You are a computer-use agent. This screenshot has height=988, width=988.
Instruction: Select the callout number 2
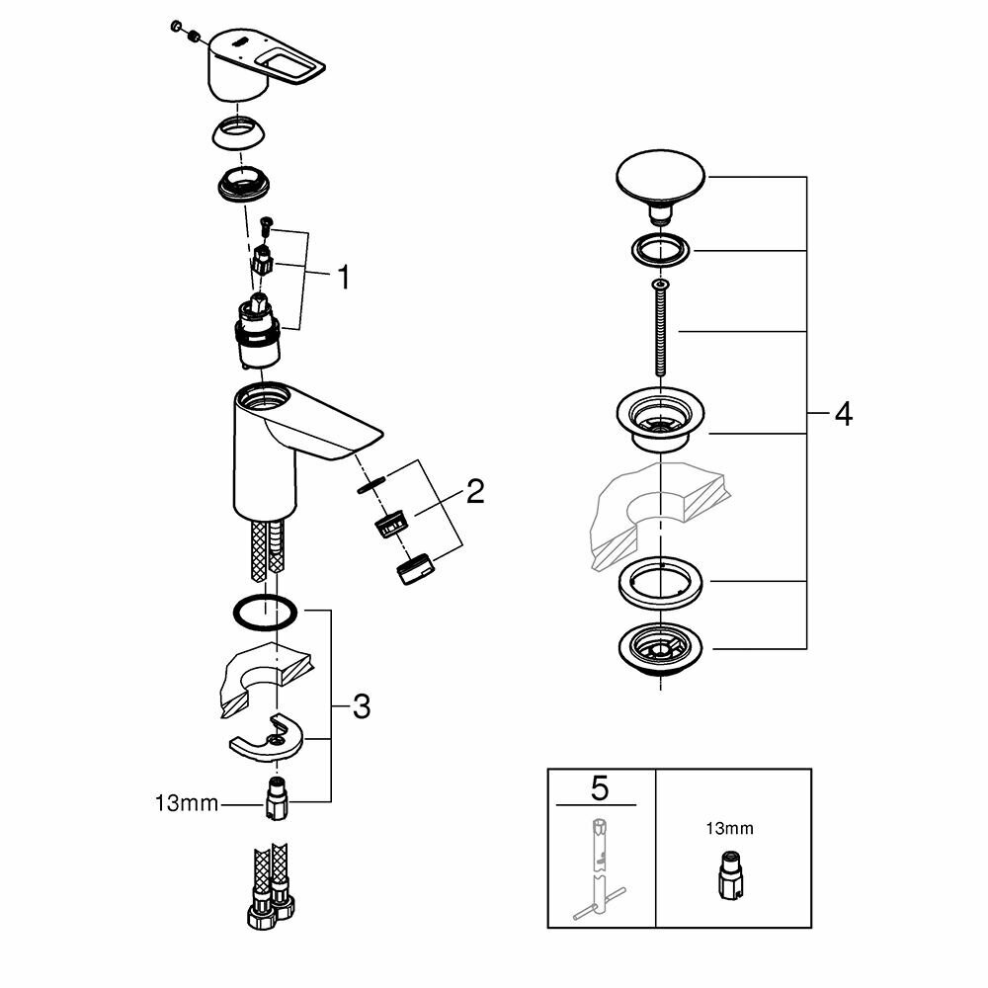(x=475, y=491)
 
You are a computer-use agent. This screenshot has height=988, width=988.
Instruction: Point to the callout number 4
(x=842, y=414)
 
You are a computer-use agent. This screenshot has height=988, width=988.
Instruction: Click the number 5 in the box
(x=600, y=788)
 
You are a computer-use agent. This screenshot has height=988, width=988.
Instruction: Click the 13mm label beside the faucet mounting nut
(x=186, y=805)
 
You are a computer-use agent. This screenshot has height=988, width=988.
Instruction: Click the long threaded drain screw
(x=659, y=325)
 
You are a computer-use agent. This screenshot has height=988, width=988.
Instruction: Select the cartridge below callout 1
(x=259, y=331)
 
